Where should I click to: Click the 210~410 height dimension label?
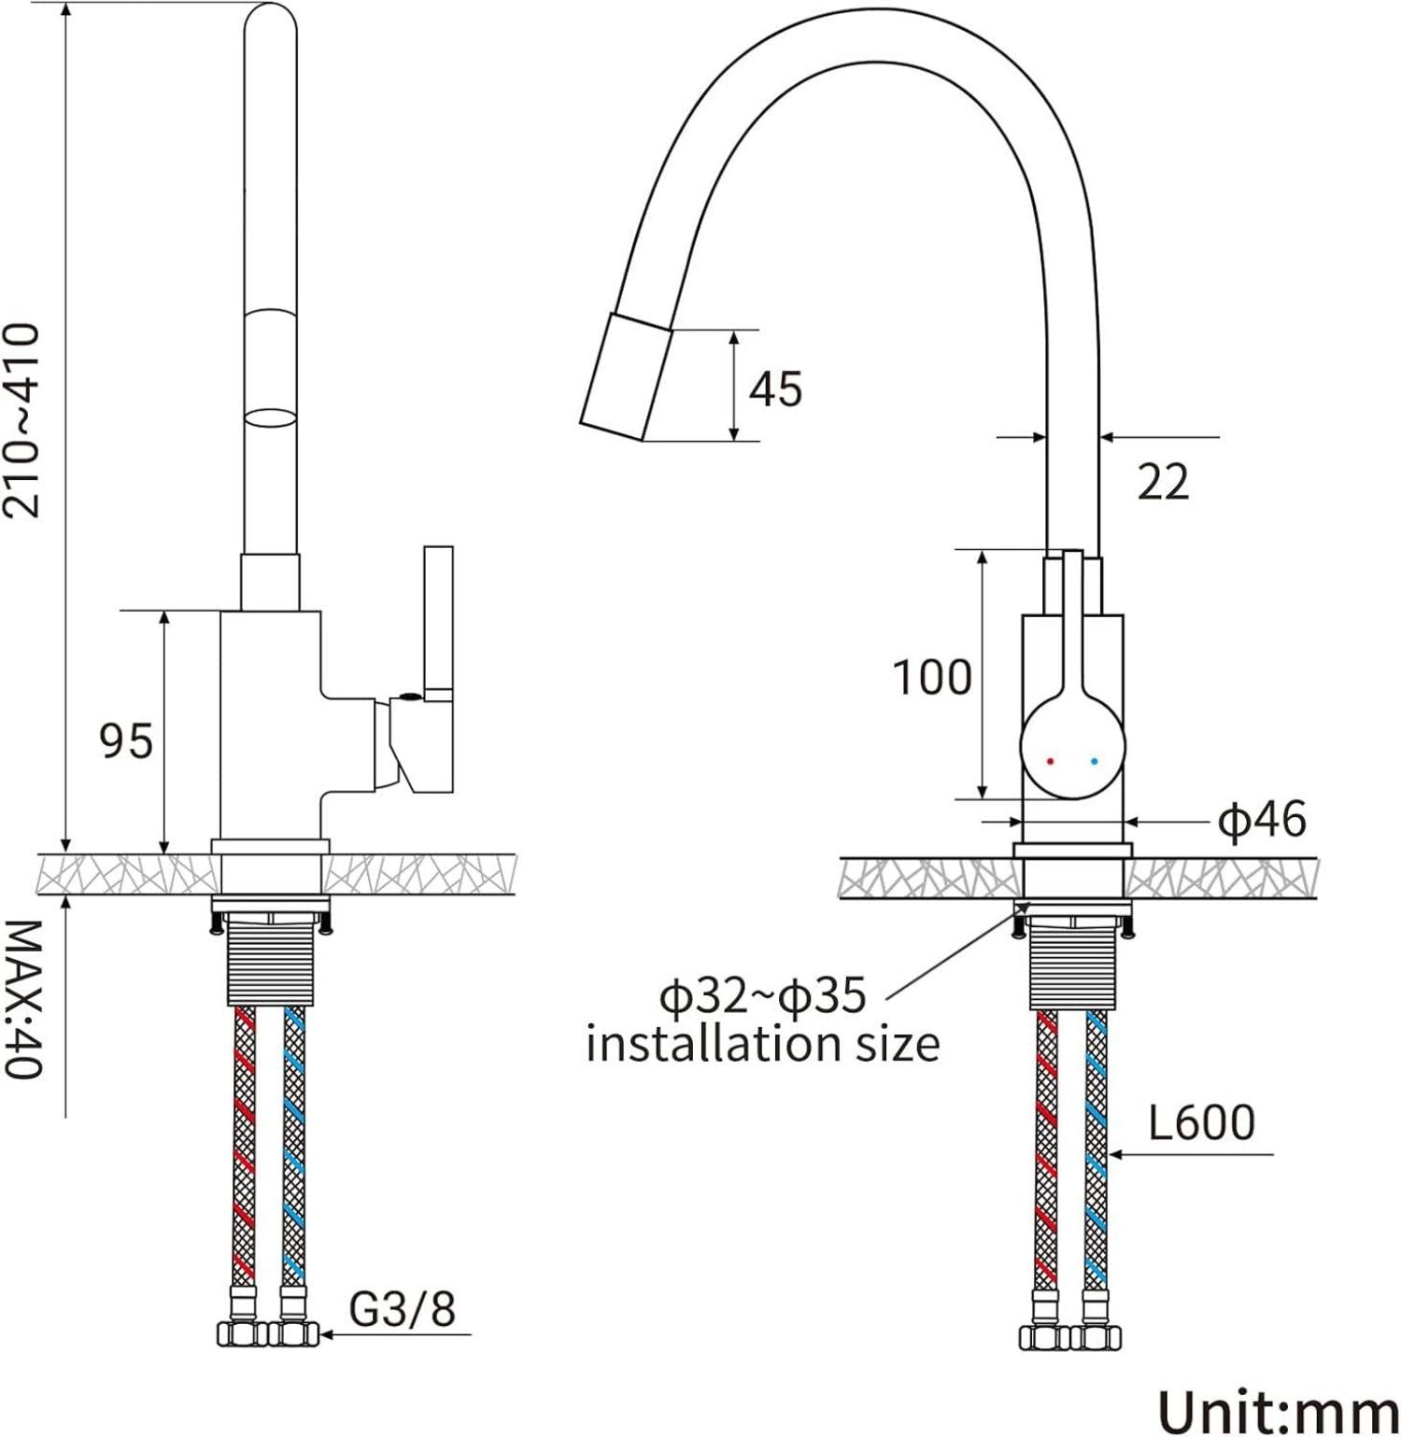pos(23,421)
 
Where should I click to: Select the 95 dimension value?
pos(126,741)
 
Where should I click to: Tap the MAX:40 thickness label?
pos(22,1000)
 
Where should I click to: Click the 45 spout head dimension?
pos(775,388)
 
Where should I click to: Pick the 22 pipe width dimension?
pos(1164,482)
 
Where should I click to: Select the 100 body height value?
pos(932,677)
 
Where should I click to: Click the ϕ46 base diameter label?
pos(1263,820)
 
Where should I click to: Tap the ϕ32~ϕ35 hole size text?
pos(764,997)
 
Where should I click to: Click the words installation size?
pos(763,1043)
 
